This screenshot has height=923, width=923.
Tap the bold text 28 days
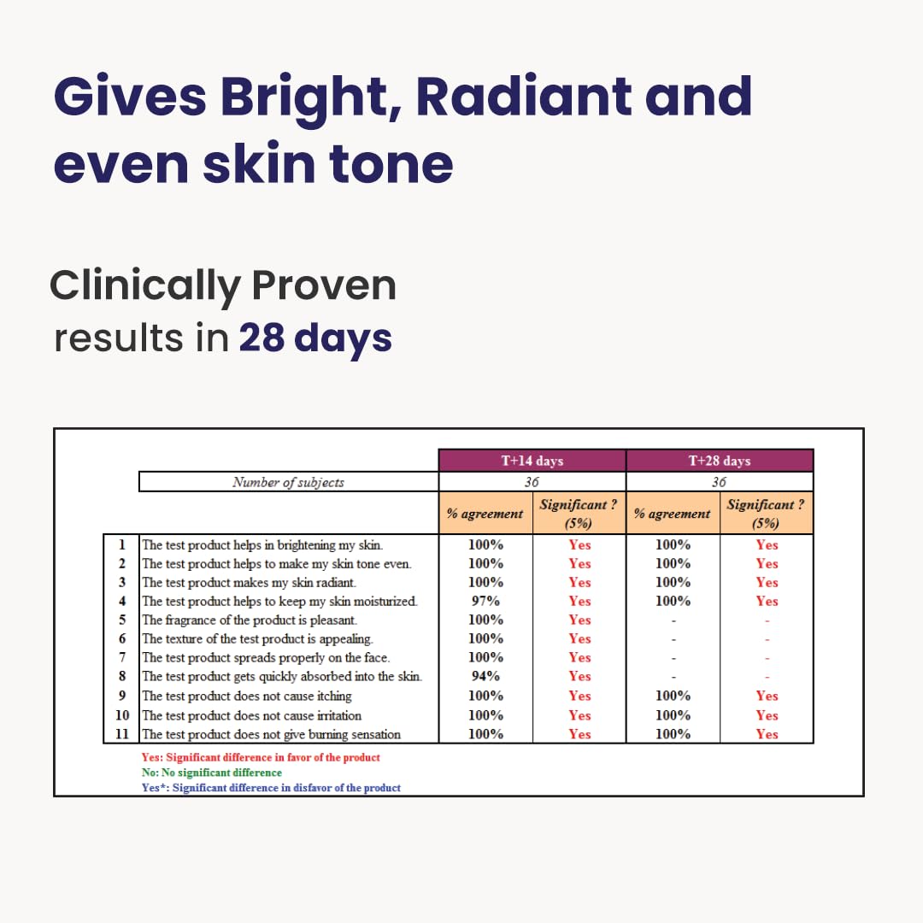[x=315, y=338]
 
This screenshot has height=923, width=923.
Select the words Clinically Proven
[x=223, y=285]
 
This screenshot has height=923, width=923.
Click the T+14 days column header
[x=532, y=461]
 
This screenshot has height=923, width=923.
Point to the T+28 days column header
[x=719, y=461]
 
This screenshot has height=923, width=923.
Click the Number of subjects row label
[x=288, y=482]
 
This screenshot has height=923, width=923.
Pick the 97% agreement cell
[x=485, y=601]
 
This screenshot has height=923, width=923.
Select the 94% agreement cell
[x=485, y=676]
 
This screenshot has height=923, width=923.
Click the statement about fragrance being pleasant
[x=250, y=620]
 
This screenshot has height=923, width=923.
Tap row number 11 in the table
[x=122, y=734]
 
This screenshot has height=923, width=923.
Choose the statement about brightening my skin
[x=262, y=544]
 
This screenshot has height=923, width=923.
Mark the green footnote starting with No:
[x=211, y=773]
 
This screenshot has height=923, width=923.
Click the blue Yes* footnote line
[x=271, y=788]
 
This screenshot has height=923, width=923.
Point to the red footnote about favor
[x=261, y=757]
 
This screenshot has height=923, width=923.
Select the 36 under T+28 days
[x=719, y=482]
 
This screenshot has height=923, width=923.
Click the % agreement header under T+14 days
[x=485, y=514]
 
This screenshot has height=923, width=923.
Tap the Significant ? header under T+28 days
[x=766, y=514]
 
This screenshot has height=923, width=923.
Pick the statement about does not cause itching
[x=247, y=696]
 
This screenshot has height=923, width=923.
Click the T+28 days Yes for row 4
[x=767, y=601]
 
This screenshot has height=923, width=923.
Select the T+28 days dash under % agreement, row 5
[x=673, y=620]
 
